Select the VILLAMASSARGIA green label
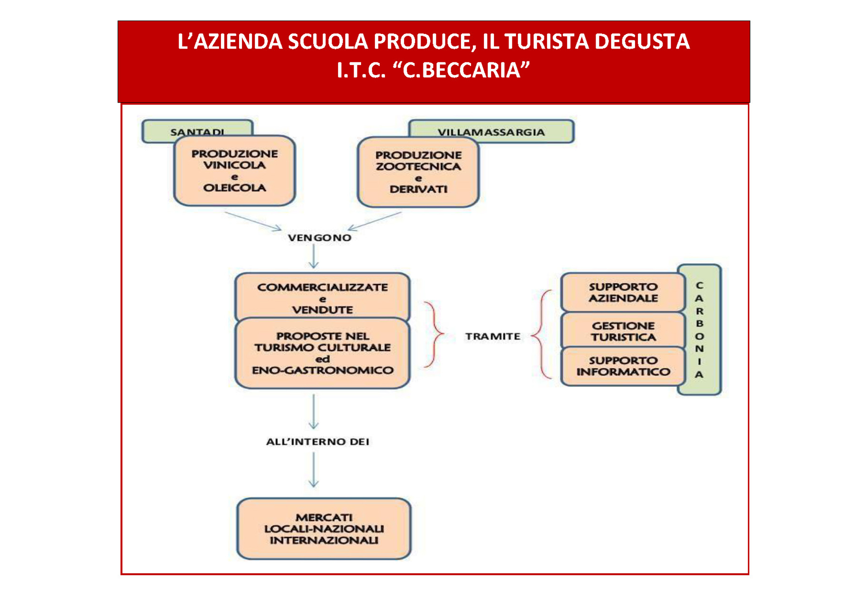[491, 131]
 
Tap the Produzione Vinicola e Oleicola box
[235, 170]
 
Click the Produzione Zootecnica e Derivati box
[418, 172]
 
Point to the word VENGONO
[319, 237]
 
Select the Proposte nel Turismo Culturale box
[322, 353]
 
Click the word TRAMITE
[493, 336]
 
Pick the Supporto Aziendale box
[623, 292]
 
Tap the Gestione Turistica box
[623, 331]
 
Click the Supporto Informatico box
[623, 366]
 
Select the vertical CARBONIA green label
[699, 330]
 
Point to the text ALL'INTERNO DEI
[318, 442]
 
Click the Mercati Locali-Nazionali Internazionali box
[323, 529]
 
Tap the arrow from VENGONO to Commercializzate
[314, 257]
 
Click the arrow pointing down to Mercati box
[314, 470]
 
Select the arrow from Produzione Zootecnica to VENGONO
[374, 220]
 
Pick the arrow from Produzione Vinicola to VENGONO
[253, 220]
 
